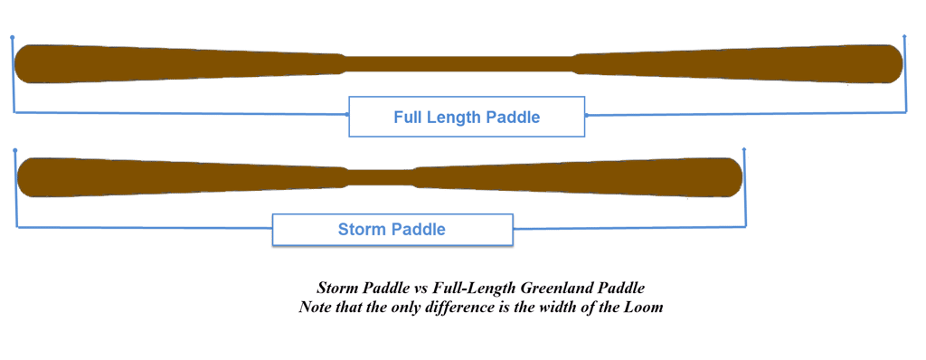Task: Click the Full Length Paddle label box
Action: [468, 117]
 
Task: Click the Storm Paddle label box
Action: [392, 230]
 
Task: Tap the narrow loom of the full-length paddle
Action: [458, 63]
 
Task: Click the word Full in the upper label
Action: [408, 117]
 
